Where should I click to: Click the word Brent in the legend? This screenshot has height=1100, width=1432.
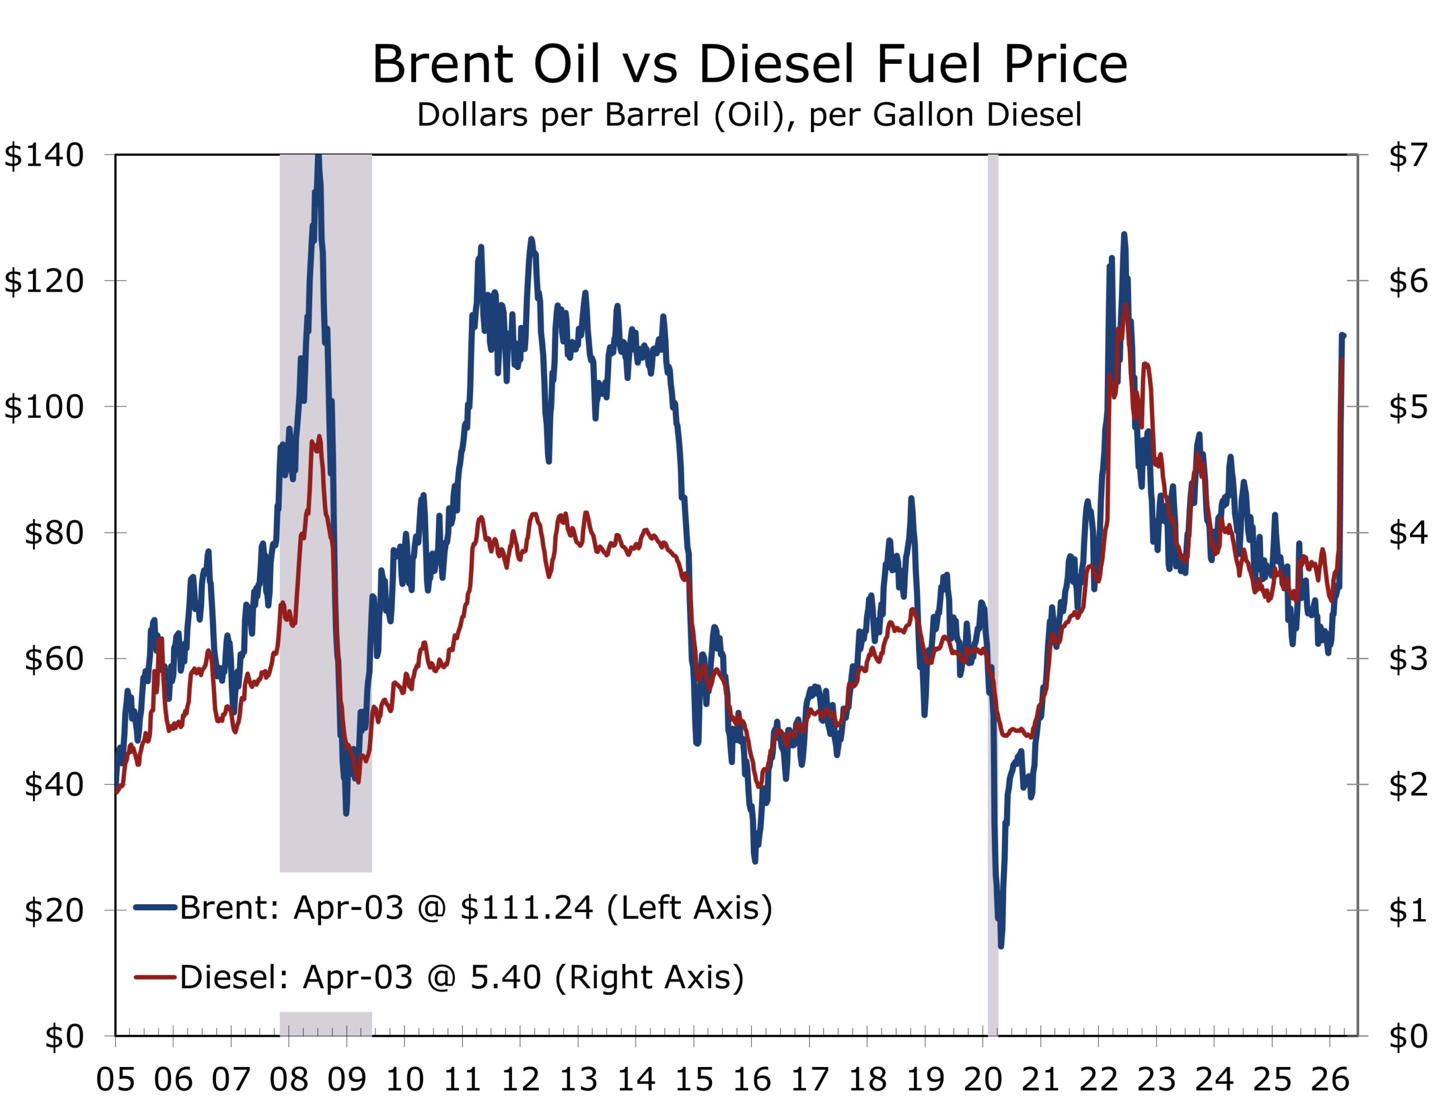click(x=223, y=908)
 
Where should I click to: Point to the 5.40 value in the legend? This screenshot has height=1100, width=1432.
click(x=506, y=977)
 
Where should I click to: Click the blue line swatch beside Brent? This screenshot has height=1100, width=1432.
click(x=155, y=908)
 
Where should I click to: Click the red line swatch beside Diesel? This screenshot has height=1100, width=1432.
click(x=155, y=977)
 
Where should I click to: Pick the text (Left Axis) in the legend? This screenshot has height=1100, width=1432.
click(x=690, y=908)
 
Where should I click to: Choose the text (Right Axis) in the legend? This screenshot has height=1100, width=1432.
click(x=649, y=977)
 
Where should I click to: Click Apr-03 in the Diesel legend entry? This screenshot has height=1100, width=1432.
click(x=357, y=977)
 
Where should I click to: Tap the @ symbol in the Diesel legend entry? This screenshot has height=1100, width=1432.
click(x=442, y=977)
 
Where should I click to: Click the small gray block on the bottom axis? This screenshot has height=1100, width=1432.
click(x=326, y=1024)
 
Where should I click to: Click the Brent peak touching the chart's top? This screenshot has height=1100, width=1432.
click(x=318, y=157)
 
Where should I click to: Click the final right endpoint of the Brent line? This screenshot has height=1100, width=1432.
click(x=1343, y=336)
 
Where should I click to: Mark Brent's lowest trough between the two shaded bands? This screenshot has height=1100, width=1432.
click(x=755, y=862)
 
